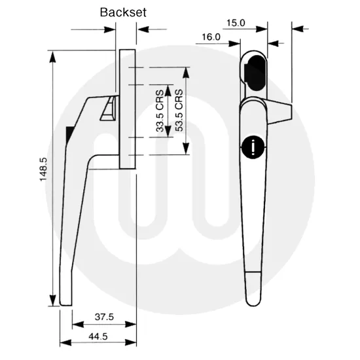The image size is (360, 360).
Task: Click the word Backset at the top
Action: (x=123, y=12)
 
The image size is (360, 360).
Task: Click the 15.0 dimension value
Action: (x=236, y=22)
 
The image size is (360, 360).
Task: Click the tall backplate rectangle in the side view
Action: (x=126, y=105)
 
